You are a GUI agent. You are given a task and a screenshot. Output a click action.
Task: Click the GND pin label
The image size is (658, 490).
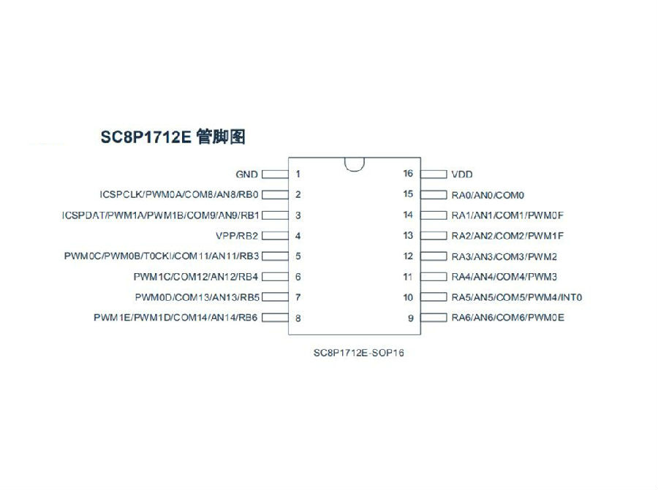[247, 175]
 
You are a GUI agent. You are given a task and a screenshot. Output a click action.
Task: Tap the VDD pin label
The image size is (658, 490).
[462, 175]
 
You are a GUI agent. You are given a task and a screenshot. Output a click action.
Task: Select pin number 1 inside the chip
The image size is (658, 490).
[298, 174]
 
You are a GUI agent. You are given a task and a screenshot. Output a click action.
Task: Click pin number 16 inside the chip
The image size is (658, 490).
[408, 174]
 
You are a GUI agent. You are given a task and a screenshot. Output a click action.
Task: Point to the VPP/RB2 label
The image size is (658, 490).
[237, 236]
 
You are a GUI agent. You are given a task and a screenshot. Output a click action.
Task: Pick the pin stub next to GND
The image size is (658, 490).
[276, 175]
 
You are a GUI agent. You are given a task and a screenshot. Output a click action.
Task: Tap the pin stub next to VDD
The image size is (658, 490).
[434, 174]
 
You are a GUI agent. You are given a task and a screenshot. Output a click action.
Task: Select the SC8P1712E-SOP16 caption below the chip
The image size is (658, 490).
[359, 353]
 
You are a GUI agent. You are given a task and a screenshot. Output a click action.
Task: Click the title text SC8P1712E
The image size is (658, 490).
[145, 137]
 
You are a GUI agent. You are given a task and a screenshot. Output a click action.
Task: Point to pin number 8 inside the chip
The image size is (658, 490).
[298, 318]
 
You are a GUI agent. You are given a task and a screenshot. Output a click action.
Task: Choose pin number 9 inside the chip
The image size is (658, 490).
[411, 318]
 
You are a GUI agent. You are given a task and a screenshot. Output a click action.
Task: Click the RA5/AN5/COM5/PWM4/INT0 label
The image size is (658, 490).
[517, 298]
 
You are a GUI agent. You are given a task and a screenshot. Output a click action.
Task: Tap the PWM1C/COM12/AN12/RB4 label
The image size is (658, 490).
[195, 277]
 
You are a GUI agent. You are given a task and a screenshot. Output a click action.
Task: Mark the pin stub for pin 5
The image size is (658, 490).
[276, 256]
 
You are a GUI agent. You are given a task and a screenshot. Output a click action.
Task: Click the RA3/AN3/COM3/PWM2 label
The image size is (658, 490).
[504, 256]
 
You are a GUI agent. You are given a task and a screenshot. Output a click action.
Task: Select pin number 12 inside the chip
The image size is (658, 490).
[408, 256]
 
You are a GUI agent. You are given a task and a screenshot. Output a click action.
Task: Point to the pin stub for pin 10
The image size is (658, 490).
[434, 297]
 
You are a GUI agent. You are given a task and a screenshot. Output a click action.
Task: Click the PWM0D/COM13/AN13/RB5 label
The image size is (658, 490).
[197, 298]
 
